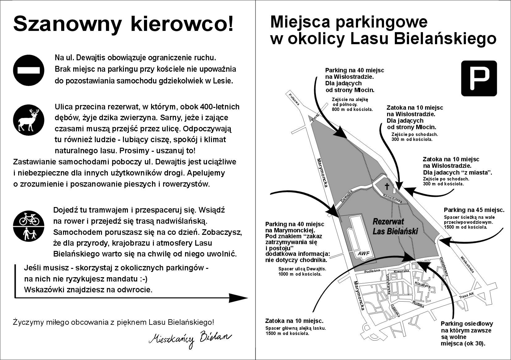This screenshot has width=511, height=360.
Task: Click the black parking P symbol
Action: click(x=479, y=78)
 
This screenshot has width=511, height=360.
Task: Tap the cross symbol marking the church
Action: click(x=386, y=186)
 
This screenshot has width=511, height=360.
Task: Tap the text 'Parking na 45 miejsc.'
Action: click(x=474, y=210)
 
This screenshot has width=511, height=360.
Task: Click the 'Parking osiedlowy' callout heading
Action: click(x=467, y=324)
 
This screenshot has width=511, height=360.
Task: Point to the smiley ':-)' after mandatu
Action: click(x=143, y=279)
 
